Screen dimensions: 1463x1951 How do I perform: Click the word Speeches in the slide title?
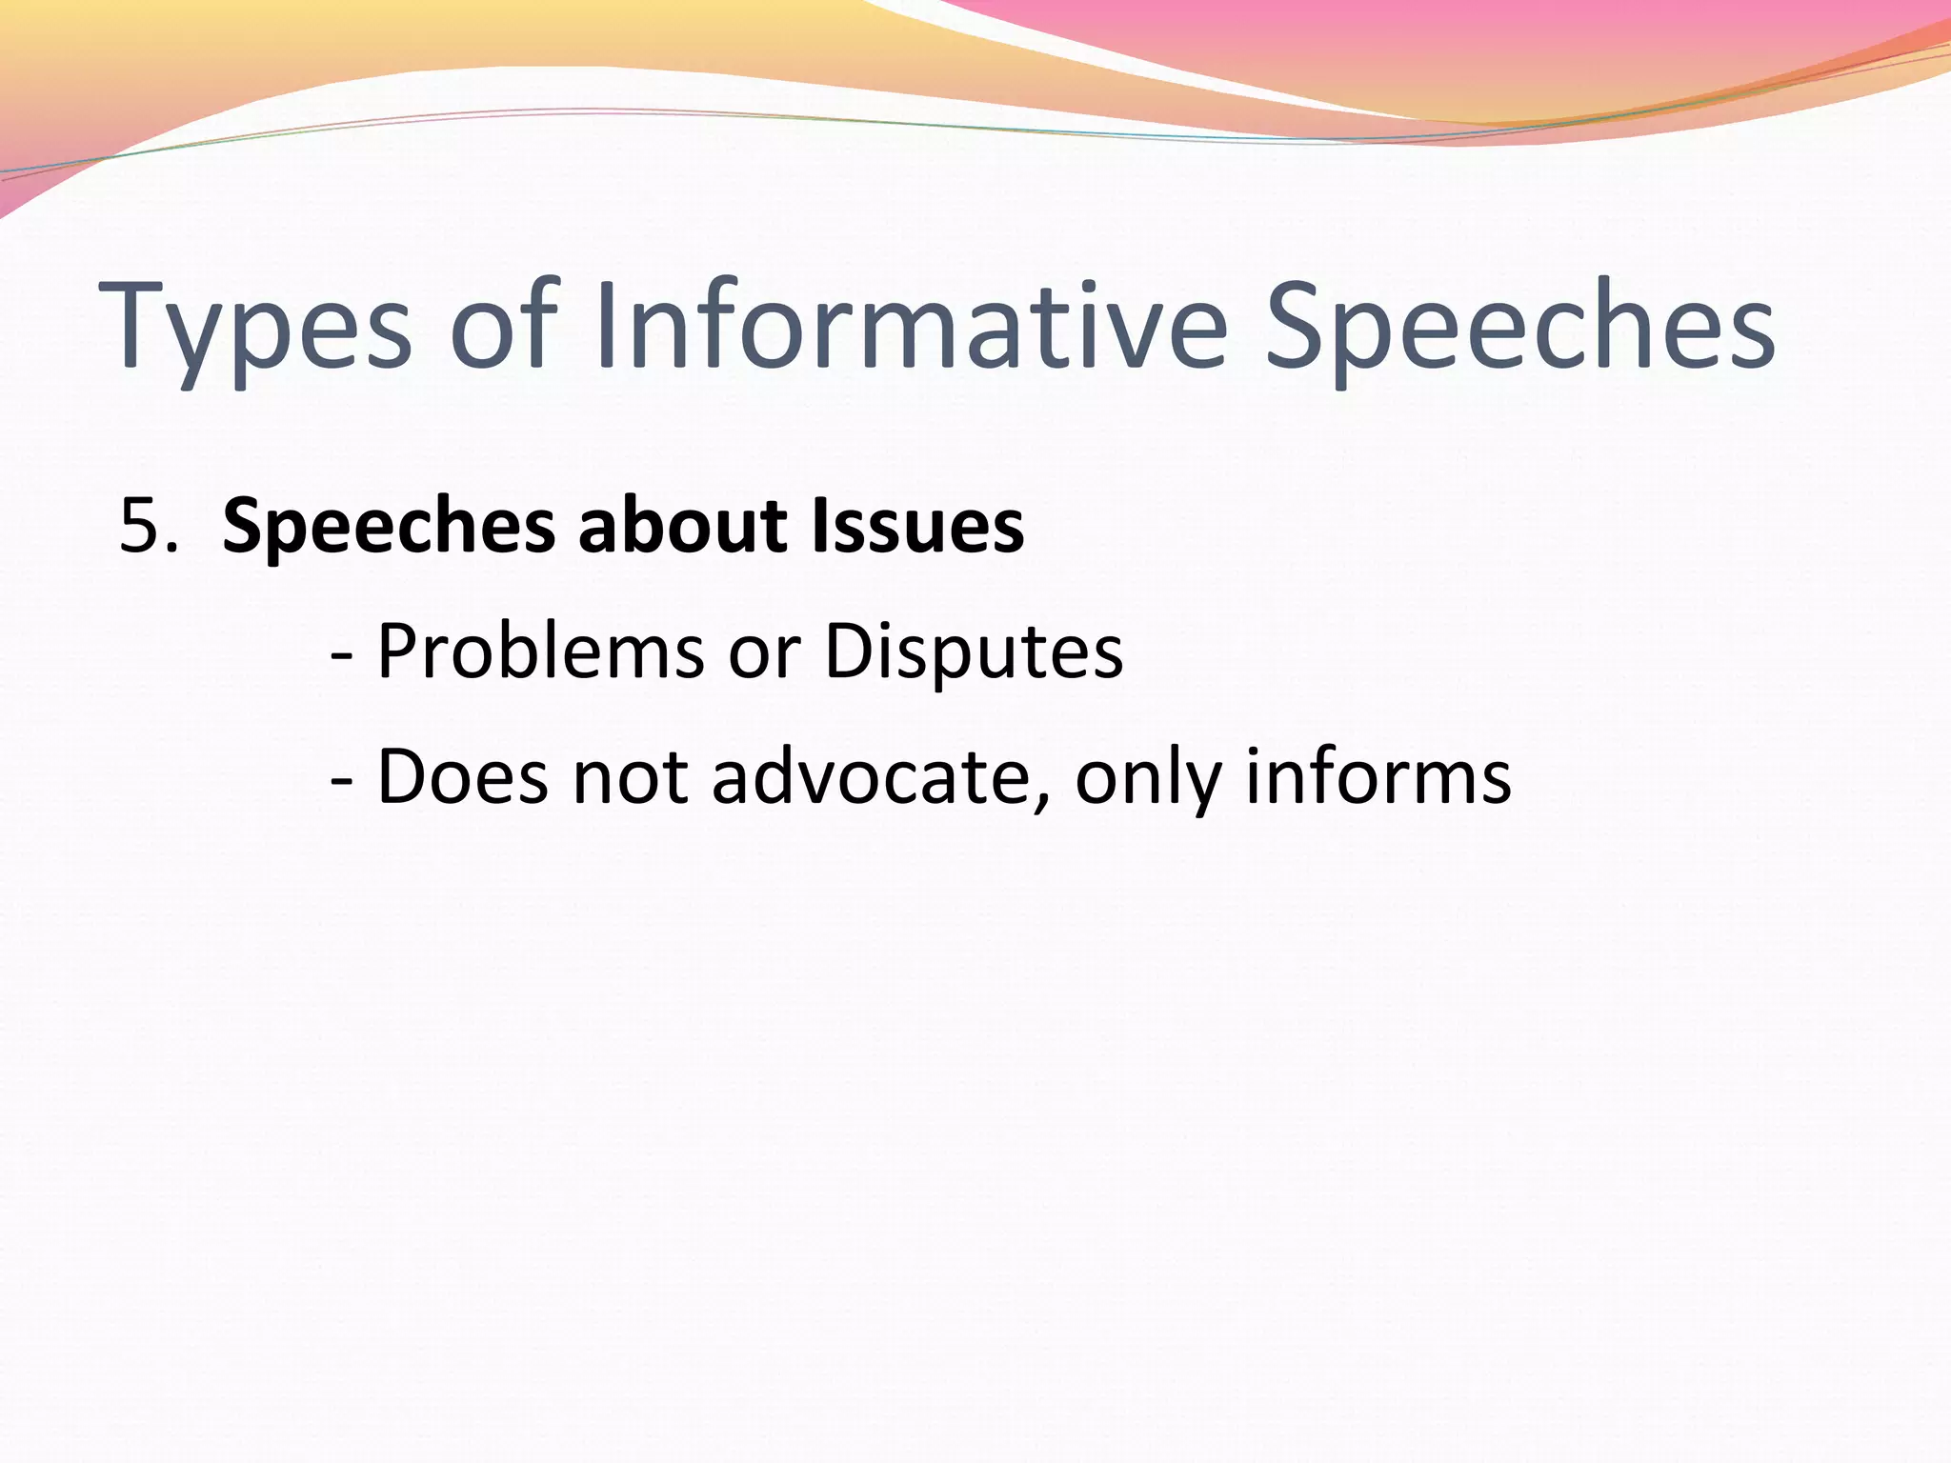[x=1519, y=329]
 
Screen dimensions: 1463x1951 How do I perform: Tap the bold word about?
[x=682, y=527]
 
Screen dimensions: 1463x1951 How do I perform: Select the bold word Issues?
[x=917, y=527]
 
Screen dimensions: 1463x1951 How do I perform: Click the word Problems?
[x=540, y=652]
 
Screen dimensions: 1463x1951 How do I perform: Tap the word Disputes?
[x=973, y=653]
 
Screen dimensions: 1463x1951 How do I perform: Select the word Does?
[x=463, y=777]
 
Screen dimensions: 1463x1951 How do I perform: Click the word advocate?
[x=871, y=777]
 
